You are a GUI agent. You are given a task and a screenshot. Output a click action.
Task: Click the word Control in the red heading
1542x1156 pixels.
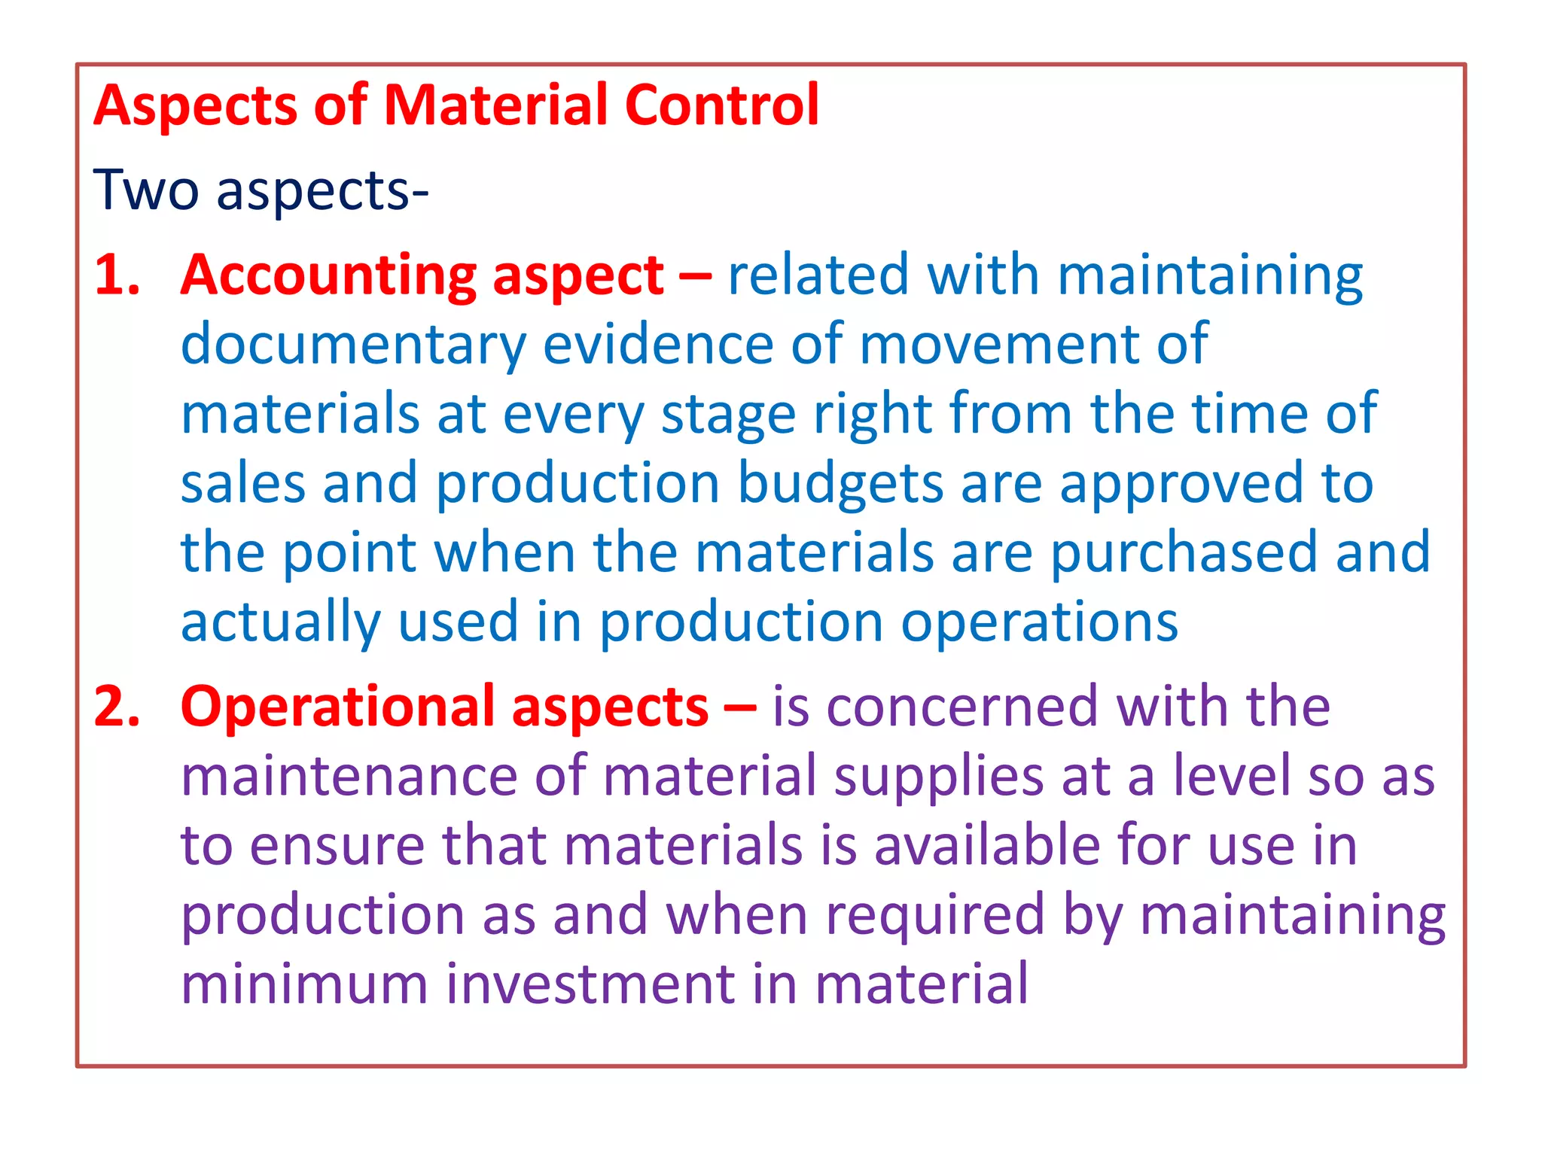coord(721,105)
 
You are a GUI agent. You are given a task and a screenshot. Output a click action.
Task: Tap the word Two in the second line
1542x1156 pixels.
coord(145,190)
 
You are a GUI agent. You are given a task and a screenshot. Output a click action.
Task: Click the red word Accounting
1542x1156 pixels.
coord(328,276)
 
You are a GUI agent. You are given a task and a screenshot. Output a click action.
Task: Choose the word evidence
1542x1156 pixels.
coord(658,344)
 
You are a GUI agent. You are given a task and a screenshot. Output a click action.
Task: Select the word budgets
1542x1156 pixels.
coord(840,483)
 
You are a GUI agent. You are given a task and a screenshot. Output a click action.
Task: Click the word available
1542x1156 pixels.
coord(987,844)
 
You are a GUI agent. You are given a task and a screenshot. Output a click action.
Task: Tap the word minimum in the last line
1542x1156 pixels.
coord(304,984)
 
